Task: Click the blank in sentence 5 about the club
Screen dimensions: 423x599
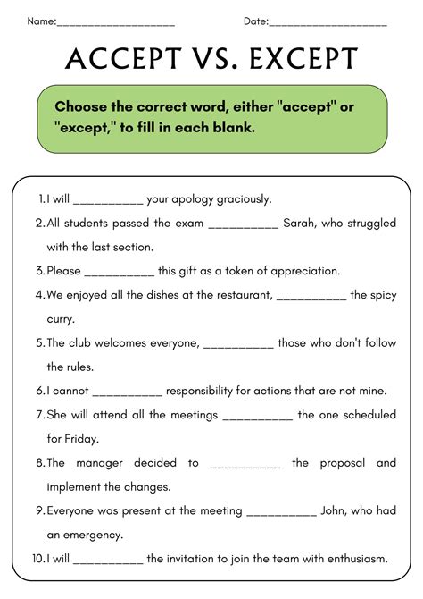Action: tap(239, 342)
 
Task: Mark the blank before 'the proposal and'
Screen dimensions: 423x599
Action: tap(246, 463)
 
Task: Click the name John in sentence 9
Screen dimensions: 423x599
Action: tap(338, 510)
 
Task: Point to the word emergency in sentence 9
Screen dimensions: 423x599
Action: tap(90, 535)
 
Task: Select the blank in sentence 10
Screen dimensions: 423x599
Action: tap(108, 561)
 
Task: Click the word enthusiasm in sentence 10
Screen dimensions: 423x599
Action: tap(349, 560)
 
